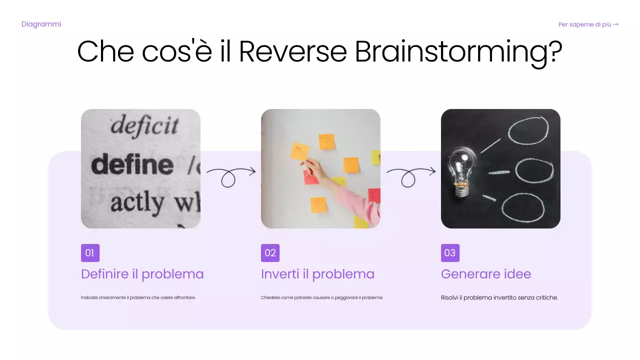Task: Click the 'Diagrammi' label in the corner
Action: click(x=41, y=24)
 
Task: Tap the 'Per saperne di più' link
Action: click(x=588, y=24)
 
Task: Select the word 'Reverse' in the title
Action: click(x=293, y=51)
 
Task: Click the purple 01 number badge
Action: click(x=90, y=253)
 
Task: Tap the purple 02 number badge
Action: click(x=270, y=253)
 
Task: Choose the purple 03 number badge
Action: click(x=450, y=253)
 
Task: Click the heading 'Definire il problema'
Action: click(x=142, y=274)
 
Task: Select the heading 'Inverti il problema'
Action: click(x=317, y=274)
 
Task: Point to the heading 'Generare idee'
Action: click(x=486, y=274)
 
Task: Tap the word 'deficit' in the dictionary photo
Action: click(x=144, y=125)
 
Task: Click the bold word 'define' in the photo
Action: click(x=132, y=164)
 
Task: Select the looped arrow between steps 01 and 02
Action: click(x=230, y=175)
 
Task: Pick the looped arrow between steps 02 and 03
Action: click(x=410, y=175)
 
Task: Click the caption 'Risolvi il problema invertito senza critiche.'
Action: click(x=499, y=297)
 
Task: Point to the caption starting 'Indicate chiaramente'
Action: click(x=138, y=297)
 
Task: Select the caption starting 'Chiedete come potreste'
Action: click(x=321, y=297)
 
